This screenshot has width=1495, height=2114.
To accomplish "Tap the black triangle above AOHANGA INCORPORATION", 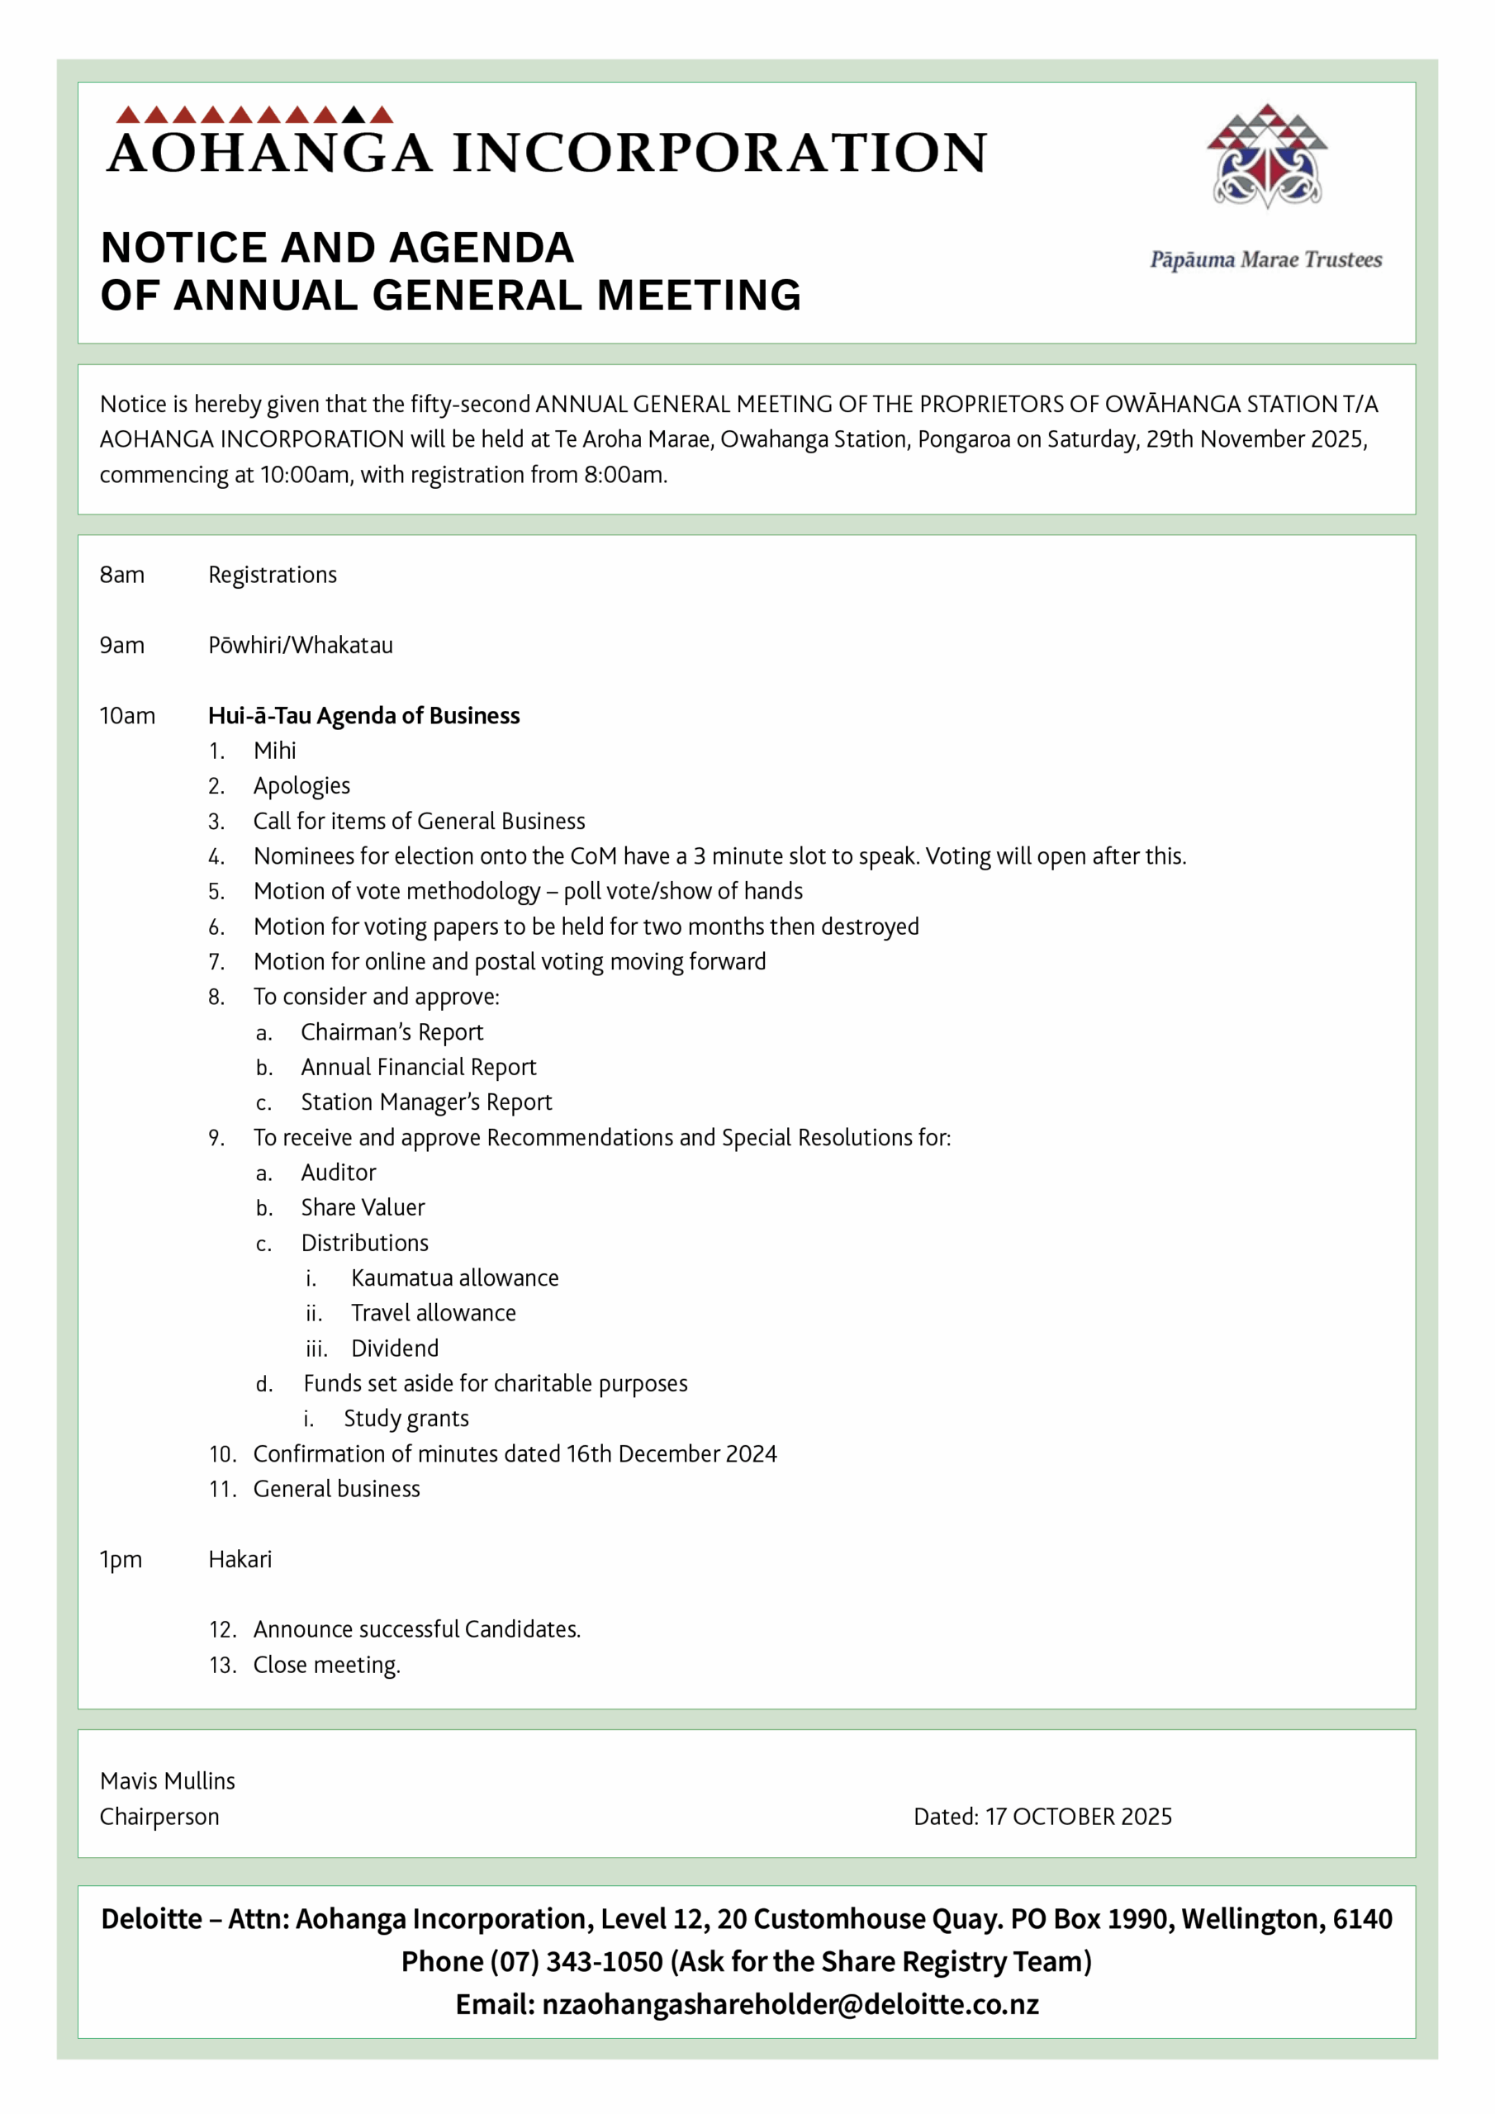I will (354, 115).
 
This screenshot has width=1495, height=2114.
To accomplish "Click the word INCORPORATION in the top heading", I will (719, 153).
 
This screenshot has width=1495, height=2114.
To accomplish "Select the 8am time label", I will (121, 575).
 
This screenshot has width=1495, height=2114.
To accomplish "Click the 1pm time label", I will (121, 1560).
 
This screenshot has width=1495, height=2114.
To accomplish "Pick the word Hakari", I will (240, 1560).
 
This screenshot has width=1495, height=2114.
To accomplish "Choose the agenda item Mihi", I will (274, 751).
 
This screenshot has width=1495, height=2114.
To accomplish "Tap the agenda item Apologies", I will (301, 786).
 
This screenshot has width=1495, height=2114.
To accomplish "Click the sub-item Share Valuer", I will (362, 1208).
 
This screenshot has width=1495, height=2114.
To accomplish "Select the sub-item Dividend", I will (394, 1349).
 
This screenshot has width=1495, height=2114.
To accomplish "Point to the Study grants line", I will (406, 1419).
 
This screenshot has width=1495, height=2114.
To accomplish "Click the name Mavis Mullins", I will (167, 1781).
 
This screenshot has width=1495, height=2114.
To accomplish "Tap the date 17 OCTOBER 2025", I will (1078, 1818).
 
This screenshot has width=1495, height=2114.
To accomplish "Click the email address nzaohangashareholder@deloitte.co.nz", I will (790, 2004).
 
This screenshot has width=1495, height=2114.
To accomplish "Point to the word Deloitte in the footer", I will (151, 1919).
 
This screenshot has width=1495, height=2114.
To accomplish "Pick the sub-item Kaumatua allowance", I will (454, 1278).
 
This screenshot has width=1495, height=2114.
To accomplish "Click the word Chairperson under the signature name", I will (159, 1818).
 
